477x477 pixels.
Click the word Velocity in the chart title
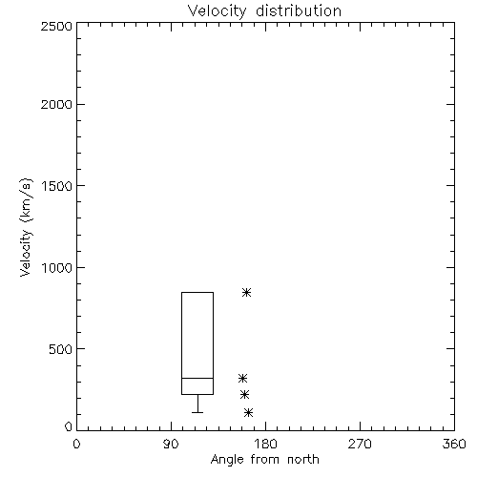217,11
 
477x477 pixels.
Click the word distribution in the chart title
299,10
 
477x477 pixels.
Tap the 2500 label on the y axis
56,26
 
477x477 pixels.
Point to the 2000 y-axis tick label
56,105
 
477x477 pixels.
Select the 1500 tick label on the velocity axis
57,186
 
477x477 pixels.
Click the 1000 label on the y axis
57,268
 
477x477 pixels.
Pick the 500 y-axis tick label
61,349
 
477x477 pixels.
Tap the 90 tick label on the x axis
171,444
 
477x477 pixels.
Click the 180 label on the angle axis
265,444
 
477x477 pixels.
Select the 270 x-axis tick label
360,444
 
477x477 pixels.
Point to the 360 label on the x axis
454,444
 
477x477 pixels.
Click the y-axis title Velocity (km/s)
26,227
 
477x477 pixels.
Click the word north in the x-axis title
303,460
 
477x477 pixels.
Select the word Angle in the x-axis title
226,461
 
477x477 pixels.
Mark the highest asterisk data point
246,292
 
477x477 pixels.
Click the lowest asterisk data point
248,413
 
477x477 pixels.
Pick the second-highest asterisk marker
243,378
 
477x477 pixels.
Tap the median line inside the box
197,378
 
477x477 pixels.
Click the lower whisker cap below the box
197,412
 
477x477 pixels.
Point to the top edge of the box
197,292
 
